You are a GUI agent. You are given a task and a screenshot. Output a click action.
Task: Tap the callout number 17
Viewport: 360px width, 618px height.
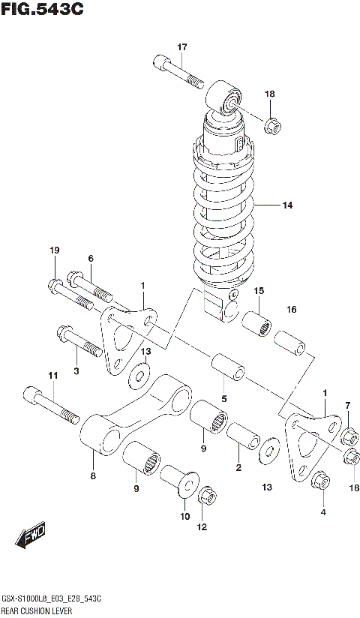(x=181, y=47)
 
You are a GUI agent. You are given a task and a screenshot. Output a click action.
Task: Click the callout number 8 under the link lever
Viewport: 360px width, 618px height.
(x=92, y=475)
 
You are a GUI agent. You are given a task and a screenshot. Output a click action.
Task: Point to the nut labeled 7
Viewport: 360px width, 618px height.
(x=348, y=436)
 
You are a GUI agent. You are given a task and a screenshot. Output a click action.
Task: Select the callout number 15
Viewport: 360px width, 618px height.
(x=258, y=291)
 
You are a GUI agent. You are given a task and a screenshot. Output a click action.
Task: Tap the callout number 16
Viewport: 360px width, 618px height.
(x=292, y=309)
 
